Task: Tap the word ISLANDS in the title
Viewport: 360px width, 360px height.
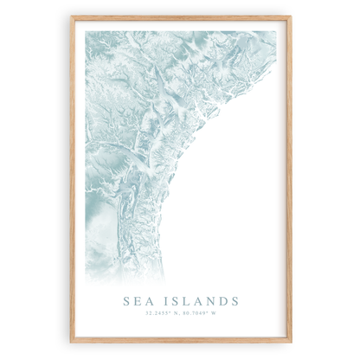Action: (200, 300)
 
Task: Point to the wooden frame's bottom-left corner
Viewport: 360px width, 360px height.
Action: (71, 342)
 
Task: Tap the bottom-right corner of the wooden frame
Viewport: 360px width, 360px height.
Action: (291, 342)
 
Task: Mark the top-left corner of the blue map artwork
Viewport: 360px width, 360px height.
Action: (86, 32)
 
